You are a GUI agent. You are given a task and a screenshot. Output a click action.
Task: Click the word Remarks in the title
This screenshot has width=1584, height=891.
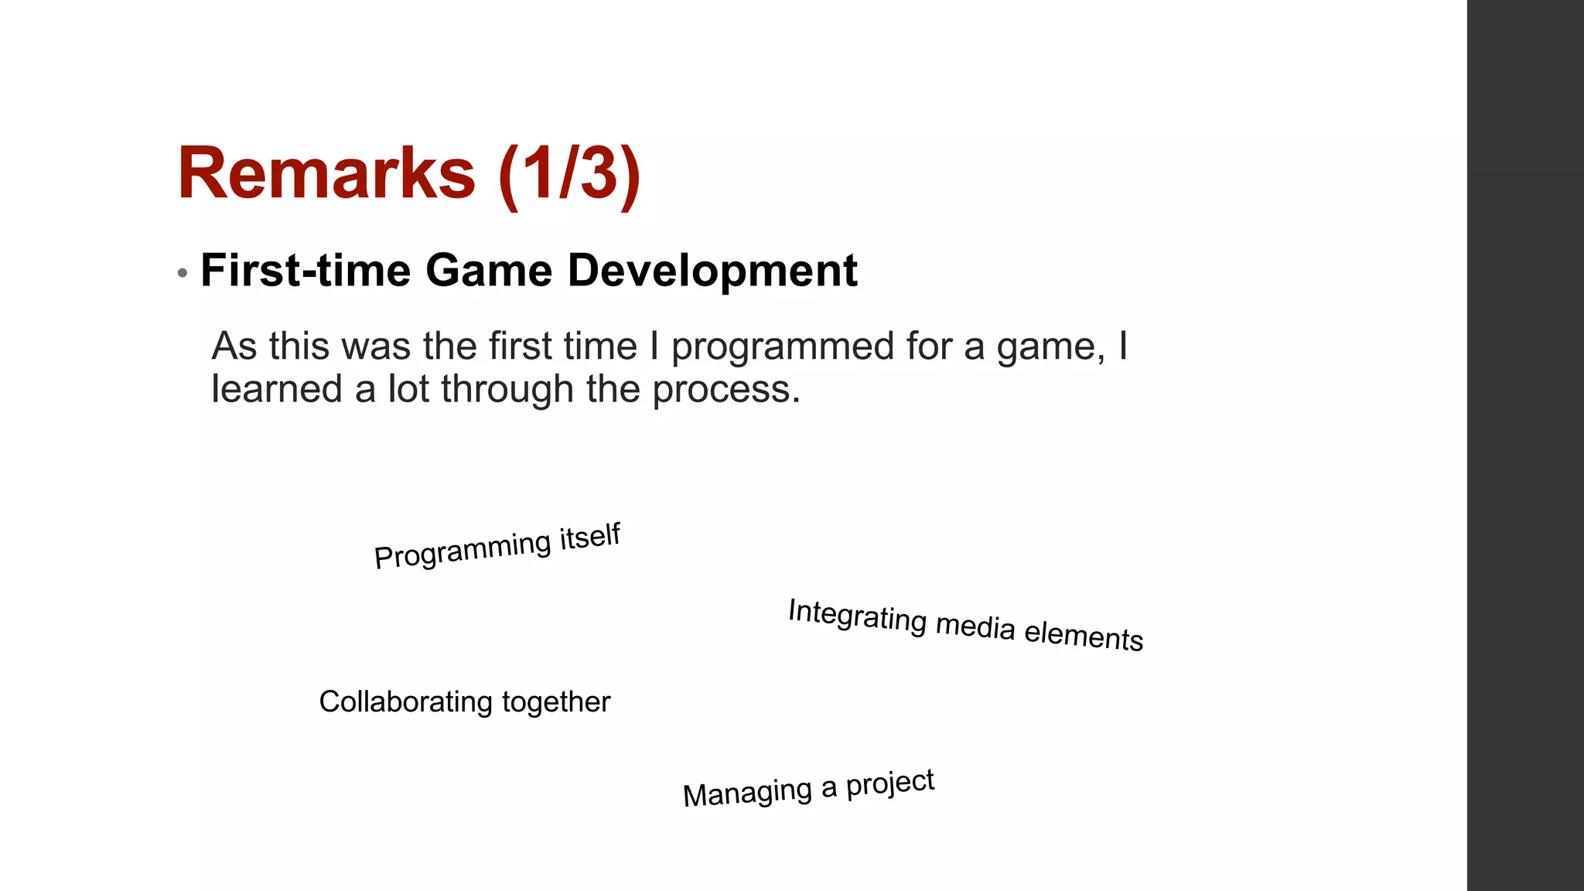tap(326, 173)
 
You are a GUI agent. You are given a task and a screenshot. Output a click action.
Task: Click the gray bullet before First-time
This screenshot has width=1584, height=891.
tap(183, 273)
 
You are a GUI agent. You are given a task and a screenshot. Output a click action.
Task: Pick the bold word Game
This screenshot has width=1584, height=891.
tap(489, 271)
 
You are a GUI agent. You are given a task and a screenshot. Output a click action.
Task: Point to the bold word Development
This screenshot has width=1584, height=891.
tap(712, 271)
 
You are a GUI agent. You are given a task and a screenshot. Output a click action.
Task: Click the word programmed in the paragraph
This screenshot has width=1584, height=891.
tap(783, 346)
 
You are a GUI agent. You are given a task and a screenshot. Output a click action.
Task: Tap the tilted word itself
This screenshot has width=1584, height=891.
tap(590, 536)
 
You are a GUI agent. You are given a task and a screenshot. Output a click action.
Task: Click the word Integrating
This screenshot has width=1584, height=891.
tap(857, 616)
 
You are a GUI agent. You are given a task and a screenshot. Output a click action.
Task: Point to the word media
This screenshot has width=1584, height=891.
tap(975, 626)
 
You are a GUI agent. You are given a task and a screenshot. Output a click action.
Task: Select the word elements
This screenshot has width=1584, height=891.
tap(1084, 635)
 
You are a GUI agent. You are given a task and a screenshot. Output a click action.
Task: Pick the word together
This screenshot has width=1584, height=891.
tap(556, 702)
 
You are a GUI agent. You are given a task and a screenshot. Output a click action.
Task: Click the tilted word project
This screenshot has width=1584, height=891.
tap(890, 783)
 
